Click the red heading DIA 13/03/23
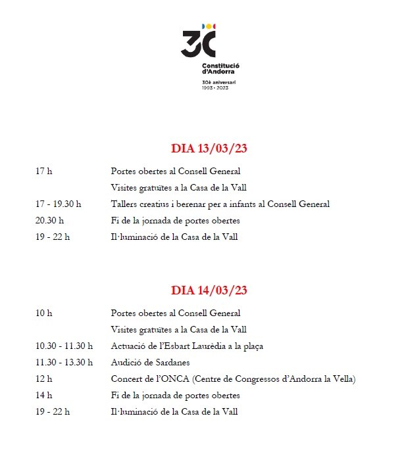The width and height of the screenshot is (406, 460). click(x=209, y=149)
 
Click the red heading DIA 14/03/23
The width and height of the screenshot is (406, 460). click(x=209, y=290)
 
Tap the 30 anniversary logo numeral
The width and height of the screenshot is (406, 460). click(x=198, y=44)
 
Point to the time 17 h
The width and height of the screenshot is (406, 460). click(x=43, y=171)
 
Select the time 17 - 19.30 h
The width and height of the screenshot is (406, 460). click(x=58, y=204)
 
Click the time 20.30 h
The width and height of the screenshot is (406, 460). click(x=49, y=220)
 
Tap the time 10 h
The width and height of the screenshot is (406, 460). click(x=43, y=313)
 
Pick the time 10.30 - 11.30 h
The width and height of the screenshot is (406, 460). click(x=64, y=346)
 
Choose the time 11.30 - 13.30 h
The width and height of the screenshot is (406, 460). click(x=64, y=362)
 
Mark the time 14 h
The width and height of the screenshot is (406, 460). click(x=43, y=395)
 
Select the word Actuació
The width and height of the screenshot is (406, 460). click(x=128, y=346)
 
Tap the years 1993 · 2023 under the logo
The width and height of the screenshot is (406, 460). click(x=215, y=87)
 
